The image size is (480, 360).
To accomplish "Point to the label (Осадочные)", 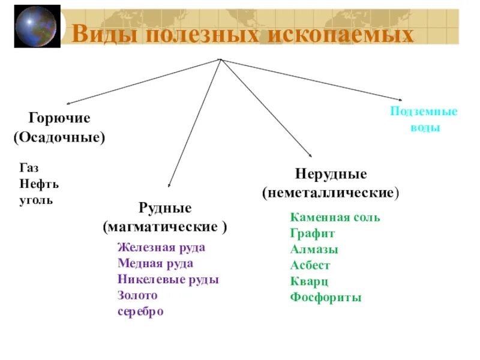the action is [59, 137].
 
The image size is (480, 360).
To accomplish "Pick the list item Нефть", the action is [38, 184].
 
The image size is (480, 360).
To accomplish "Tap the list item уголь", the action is [36, 199].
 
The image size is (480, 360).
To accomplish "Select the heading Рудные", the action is [165, 208].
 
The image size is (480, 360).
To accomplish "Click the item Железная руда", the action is [161, 247].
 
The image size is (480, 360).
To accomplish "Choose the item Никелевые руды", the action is [168, 280].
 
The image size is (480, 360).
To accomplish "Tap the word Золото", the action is [137, 295].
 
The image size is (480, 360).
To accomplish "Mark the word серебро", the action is [140, 311].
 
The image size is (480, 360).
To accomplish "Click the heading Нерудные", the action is [331, 175].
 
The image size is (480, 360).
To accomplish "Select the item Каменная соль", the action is [335, 217].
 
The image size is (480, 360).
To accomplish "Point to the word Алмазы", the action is [314, 249].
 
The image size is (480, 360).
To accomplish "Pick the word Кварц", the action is [309, 281].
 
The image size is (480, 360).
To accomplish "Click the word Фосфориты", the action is [326, 297].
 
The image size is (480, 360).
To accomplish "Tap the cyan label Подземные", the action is [424, 112].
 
